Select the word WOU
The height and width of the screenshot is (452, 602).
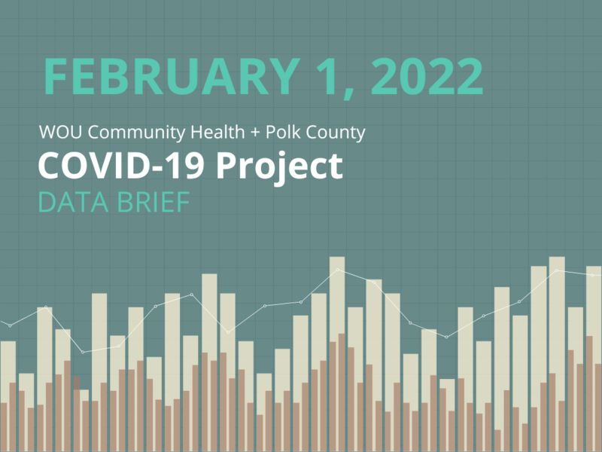pyautogui.click(x=56, y=134)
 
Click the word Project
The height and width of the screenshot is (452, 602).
pyautogui.click(x=279, y=167)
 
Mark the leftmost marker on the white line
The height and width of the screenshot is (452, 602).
pyautogui.click(x=10, y=325)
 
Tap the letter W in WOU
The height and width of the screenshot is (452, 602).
pyautogui.click(x=47, y=134)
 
